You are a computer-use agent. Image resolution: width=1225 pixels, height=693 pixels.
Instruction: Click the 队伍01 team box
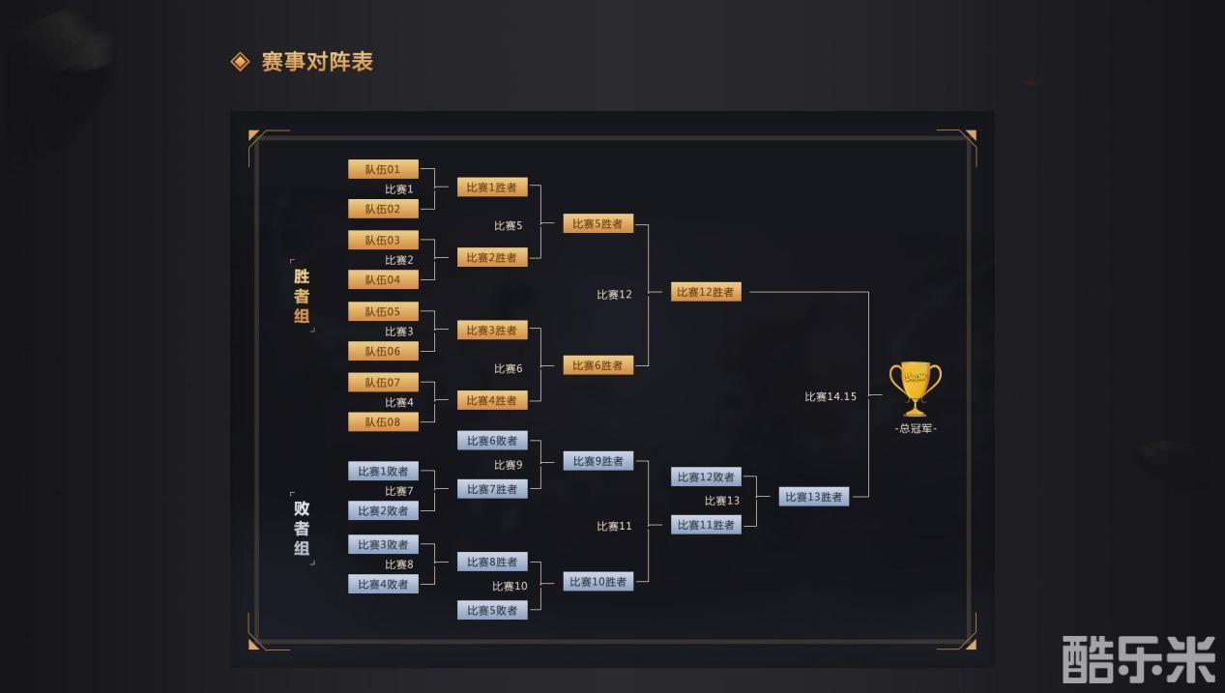[x=383, y=169]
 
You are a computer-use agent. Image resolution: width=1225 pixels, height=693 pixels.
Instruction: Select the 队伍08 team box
[x=383, y=422]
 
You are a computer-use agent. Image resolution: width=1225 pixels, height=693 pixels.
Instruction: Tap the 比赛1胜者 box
[x=492, y=188]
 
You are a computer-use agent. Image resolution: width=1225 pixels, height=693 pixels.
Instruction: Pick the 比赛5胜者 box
[x=598, y=223]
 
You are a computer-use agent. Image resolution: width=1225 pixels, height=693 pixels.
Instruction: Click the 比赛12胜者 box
[x=706, y=292]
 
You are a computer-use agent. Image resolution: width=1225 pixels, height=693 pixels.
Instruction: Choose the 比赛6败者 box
[x=492, y=441]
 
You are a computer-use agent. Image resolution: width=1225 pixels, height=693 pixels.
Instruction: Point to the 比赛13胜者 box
[x=814, y=497]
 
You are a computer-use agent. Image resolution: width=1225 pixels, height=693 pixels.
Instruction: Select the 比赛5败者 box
[x=492, y=610]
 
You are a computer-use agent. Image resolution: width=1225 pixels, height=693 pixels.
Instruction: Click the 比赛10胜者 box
[x=598, y=582]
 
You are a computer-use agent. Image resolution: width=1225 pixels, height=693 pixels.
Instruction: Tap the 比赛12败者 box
[x=706, y=476]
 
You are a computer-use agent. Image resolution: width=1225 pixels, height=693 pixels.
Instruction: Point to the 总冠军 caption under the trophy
[x=916, y=428]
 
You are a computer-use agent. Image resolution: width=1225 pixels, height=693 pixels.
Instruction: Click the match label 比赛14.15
[x=831, y=396]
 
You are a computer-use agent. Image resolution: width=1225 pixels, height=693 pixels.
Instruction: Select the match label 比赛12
[x=614, y=295]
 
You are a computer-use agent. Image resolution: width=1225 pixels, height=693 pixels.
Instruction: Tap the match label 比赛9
[x=508, y=465]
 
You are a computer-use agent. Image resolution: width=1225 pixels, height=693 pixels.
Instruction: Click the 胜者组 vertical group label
[x=302, y=296]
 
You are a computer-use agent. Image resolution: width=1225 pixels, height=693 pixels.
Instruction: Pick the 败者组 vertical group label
[x=302, y=528]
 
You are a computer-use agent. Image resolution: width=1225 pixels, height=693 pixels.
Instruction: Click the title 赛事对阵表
[x=317, y=62]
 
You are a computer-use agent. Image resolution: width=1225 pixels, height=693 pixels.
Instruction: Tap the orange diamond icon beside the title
[x=240, y=62]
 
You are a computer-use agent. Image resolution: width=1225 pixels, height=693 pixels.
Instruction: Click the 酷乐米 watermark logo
[x=1139, y=659]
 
